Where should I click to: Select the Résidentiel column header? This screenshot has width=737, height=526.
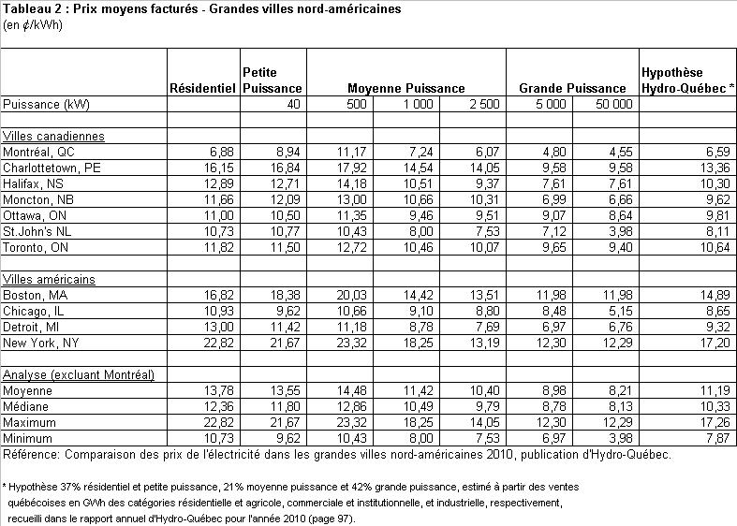click(203, 88)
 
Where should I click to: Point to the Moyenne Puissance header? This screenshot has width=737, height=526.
click(406, 88)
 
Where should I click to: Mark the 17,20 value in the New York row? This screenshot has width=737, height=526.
click(710, 342)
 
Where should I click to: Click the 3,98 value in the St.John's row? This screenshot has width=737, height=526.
click(620, 229)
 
